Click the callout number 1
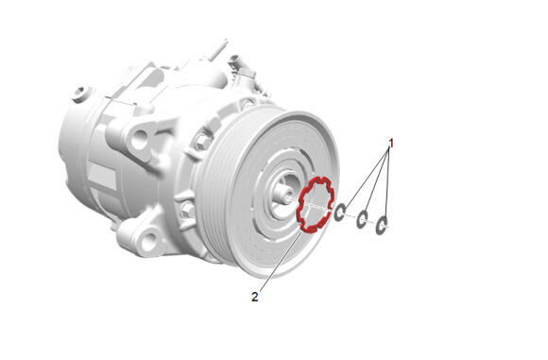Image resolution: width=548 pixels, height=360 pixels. click(x=391, y=144)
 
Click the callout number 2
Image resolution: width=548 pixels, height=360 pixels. click(x=255, y=297)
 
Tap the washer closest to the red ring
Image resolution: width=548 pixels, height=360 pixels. click(x=340, y=213)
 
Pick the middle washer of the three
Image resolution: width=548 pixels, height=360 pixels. click(x=362, y=219)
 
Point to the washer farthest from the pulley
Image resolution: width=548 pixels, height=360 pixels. click(x=382, y=225)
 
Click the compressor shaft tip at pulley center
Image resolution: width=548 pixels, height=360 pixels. click(x=286, y=195)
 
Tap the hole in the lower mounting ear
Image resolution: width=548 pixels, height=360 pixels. click(x=149, y=239)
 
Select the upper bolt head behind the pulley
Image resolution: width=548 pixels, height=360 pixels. click(x=203, y=142)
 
